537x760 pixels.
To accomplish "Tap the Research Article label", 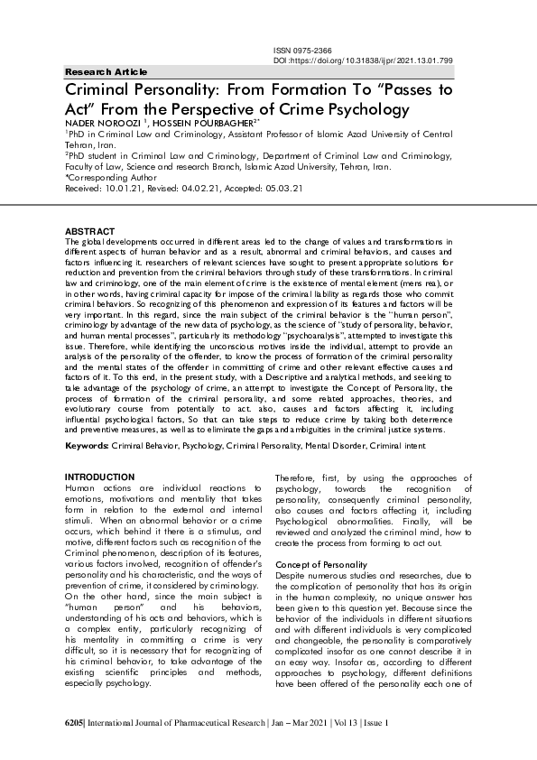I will point(106,71).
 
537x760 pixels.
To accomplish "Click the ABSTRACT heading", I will point(90,231).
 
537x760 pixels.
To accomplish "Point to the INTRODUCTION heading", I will point(100,477).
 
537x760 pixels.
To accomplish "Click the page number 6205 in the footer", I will point(77,724).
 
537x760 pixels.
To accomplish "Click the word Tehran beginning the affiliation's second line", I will point(79,144).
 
